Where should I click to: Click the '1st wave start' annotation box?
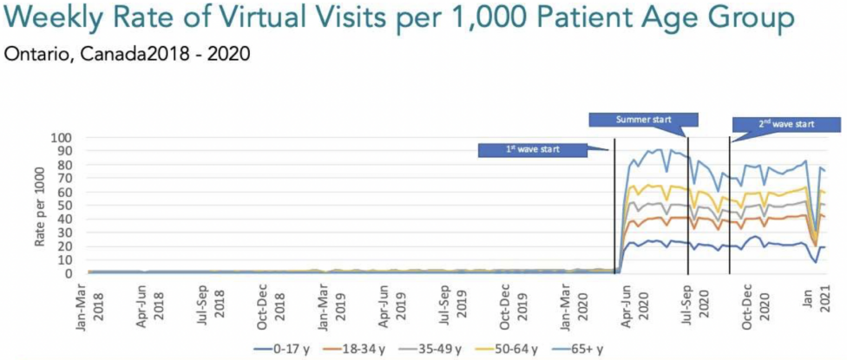coord(533,149)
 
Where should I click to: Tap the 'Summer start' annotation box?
coord(643,119)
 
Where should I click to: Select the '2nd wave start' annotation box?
coord(785,124)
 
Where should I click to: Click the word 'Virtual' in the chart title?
coord(237,19)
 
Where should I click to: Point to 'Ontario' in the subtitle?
coord(30,54)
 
